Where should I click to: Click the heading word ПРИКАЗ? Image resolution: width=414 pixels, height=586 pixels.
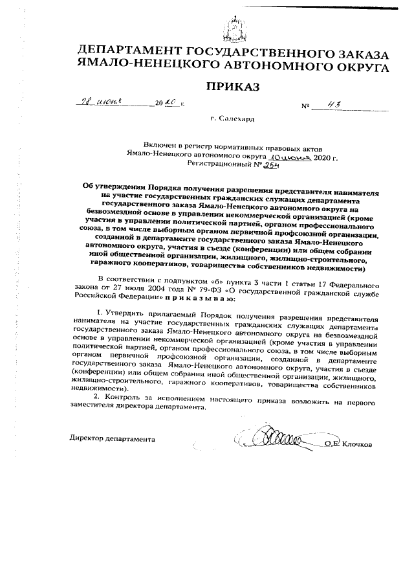[232, 87]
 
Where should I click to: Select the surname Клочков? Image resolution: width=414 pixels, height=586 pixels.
[355, 444]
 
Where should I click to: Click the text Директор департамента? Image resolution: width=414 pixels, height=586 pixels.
[112, 439]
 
